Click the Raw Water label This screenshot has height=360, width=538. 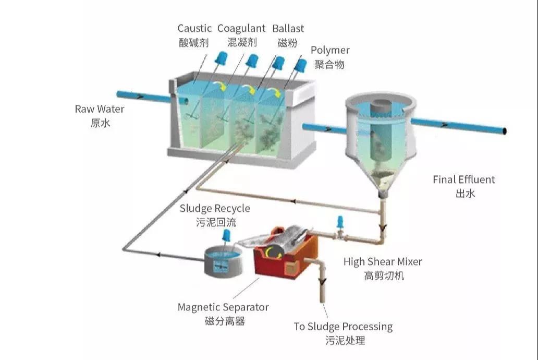coord(100,109)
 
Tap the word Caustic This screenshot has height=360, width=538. coord(194,28)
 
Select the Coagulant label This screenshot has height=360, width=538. coord(241,29)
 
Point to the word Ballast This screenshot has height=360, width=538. coord(288,28)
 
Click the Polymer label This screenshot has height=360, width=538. coord(329,51)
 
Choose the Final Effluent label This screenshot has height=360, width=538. coord(463,179)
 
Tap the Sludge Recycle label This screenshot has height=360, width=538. coord(215,208)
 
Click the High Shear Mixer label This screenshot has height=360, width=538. coord(383,261)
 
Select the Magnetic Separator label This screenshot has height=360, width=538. coord(223,307)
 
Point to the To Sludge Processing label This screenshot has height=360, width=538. coord(343,326)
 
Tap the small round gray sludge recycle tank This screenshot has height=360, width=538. coord(223,262)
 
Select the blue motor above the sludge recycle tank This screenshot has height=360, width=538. coord(226,236)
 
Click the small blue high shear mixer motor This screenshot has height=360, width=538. coord(340,222)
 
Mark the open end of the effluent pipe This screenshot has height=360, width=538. coord(505,131)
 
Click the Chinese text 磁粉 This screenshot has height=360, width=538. coord(288,43)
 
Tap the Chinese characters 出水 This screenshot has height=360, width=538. coord(465,194)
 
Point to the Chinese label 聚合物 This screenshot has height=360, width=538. coord(329,64)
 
